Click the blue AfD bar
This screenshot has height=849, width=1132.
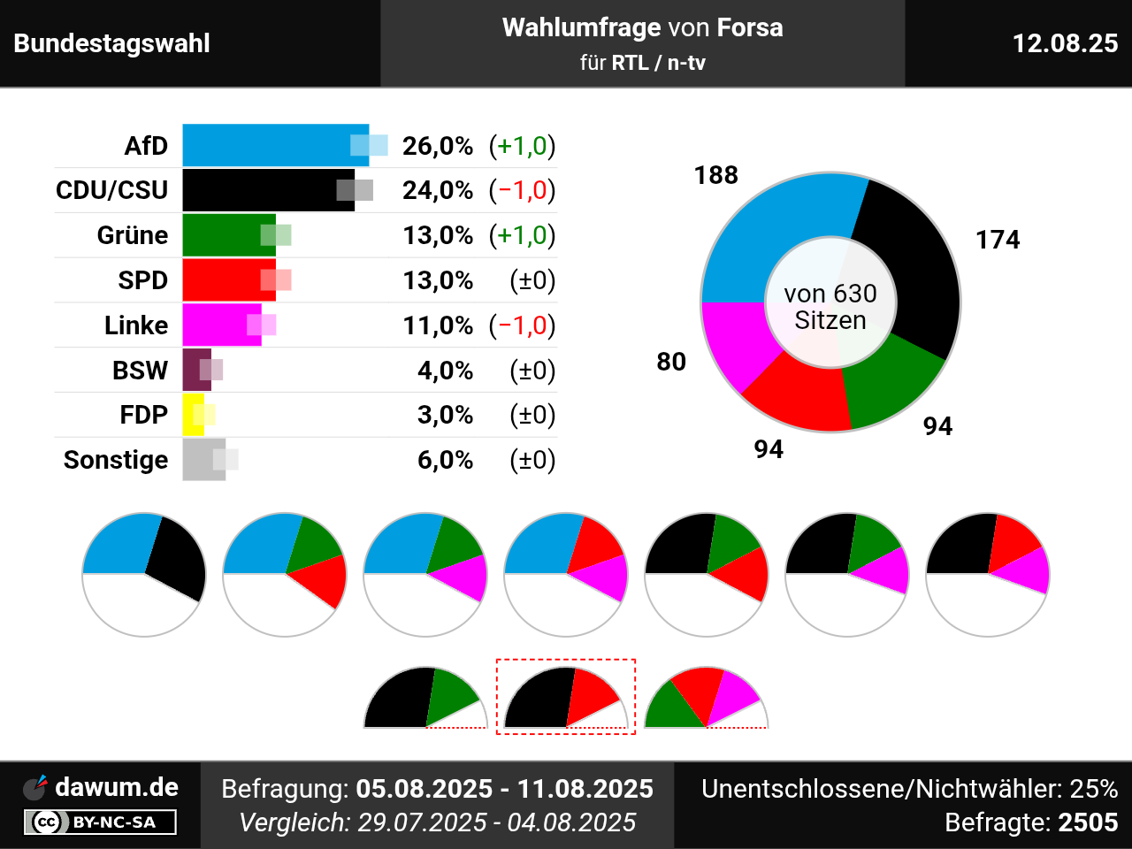(265, 145)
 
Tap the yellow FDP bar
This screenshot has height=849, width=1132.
(193, 415)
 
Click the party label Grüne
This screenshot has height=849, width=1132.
(133, 235)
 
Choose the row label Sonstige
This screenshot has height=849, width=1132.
(116, 460)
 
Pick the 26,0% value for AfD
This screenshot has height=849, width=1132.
(438, 145)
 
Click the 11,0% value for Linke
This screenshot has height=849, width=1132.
(438, 325)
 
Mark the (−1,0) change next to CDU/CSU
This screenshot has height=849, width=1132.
(522, 190)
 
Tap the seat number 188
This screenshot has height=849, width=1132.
(716, 175)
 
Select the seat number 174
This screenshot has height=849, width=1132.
(998, 240)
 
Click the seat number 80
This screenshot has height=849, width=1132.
(671, 362)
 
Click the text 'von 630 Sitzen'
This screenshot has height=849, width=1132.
(830, 306)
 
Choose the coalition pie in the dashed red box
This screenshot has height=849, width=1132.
(566, 698)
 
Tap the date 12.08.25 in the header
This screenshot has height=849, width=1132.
(1065, 43)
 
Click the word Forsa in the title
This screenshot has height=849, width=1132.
(750, 27)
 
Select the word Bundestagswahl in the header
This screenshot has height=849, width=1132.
(112, 43)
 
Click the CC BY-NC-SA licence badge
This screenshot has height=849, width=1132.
(100, 822)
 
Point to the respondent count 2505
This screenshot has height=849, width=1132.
(1088, 822)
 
